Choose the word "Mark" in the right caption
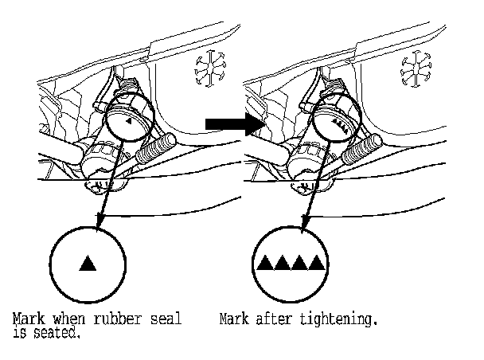point(234,321)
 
